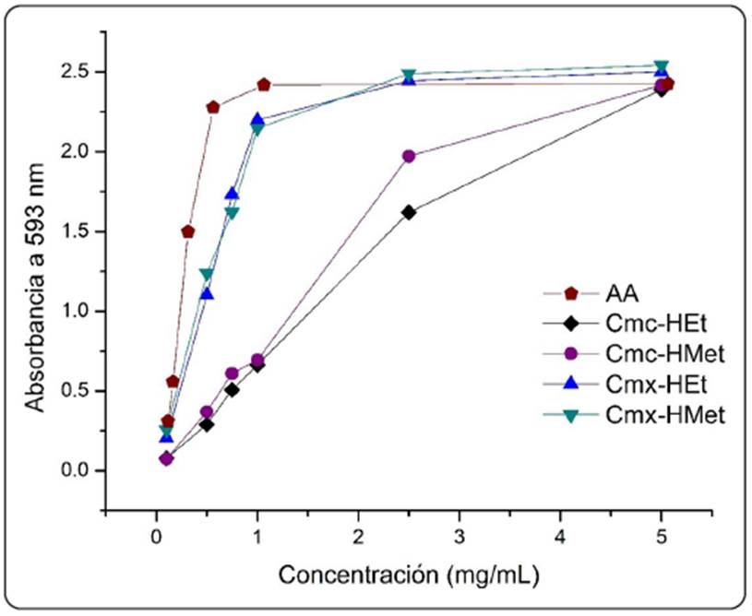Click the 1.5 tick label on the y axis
pyautogui.click(x=78, y=231)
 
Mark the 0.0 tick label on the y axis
pyautogui.click(x=78, y=470)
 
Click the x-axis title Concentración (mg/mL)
pyautogui.click(x=408, y=575)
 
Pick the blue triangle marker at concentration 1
pyautogui.click(x=257, y=119)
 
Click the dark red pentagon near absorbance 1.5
pyautogui.click(x=188, y=231)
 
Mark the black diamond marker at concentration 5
pyautogui.click(x=661, y=89)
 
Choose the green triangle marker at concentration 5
pyautogui.click(x=661, y=67)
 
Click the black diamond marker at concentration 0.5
pyautogui.click(x=207, y=424)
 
